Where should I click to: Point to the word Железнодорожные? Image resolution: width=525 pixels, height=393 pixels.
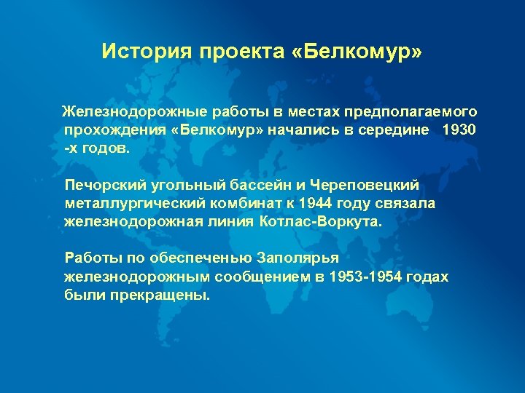pyautogui.click(x=135, y=113)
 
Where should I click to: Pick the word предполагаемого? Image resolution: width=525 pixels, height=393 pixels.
pyautogui.click(x=416, y=113)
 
